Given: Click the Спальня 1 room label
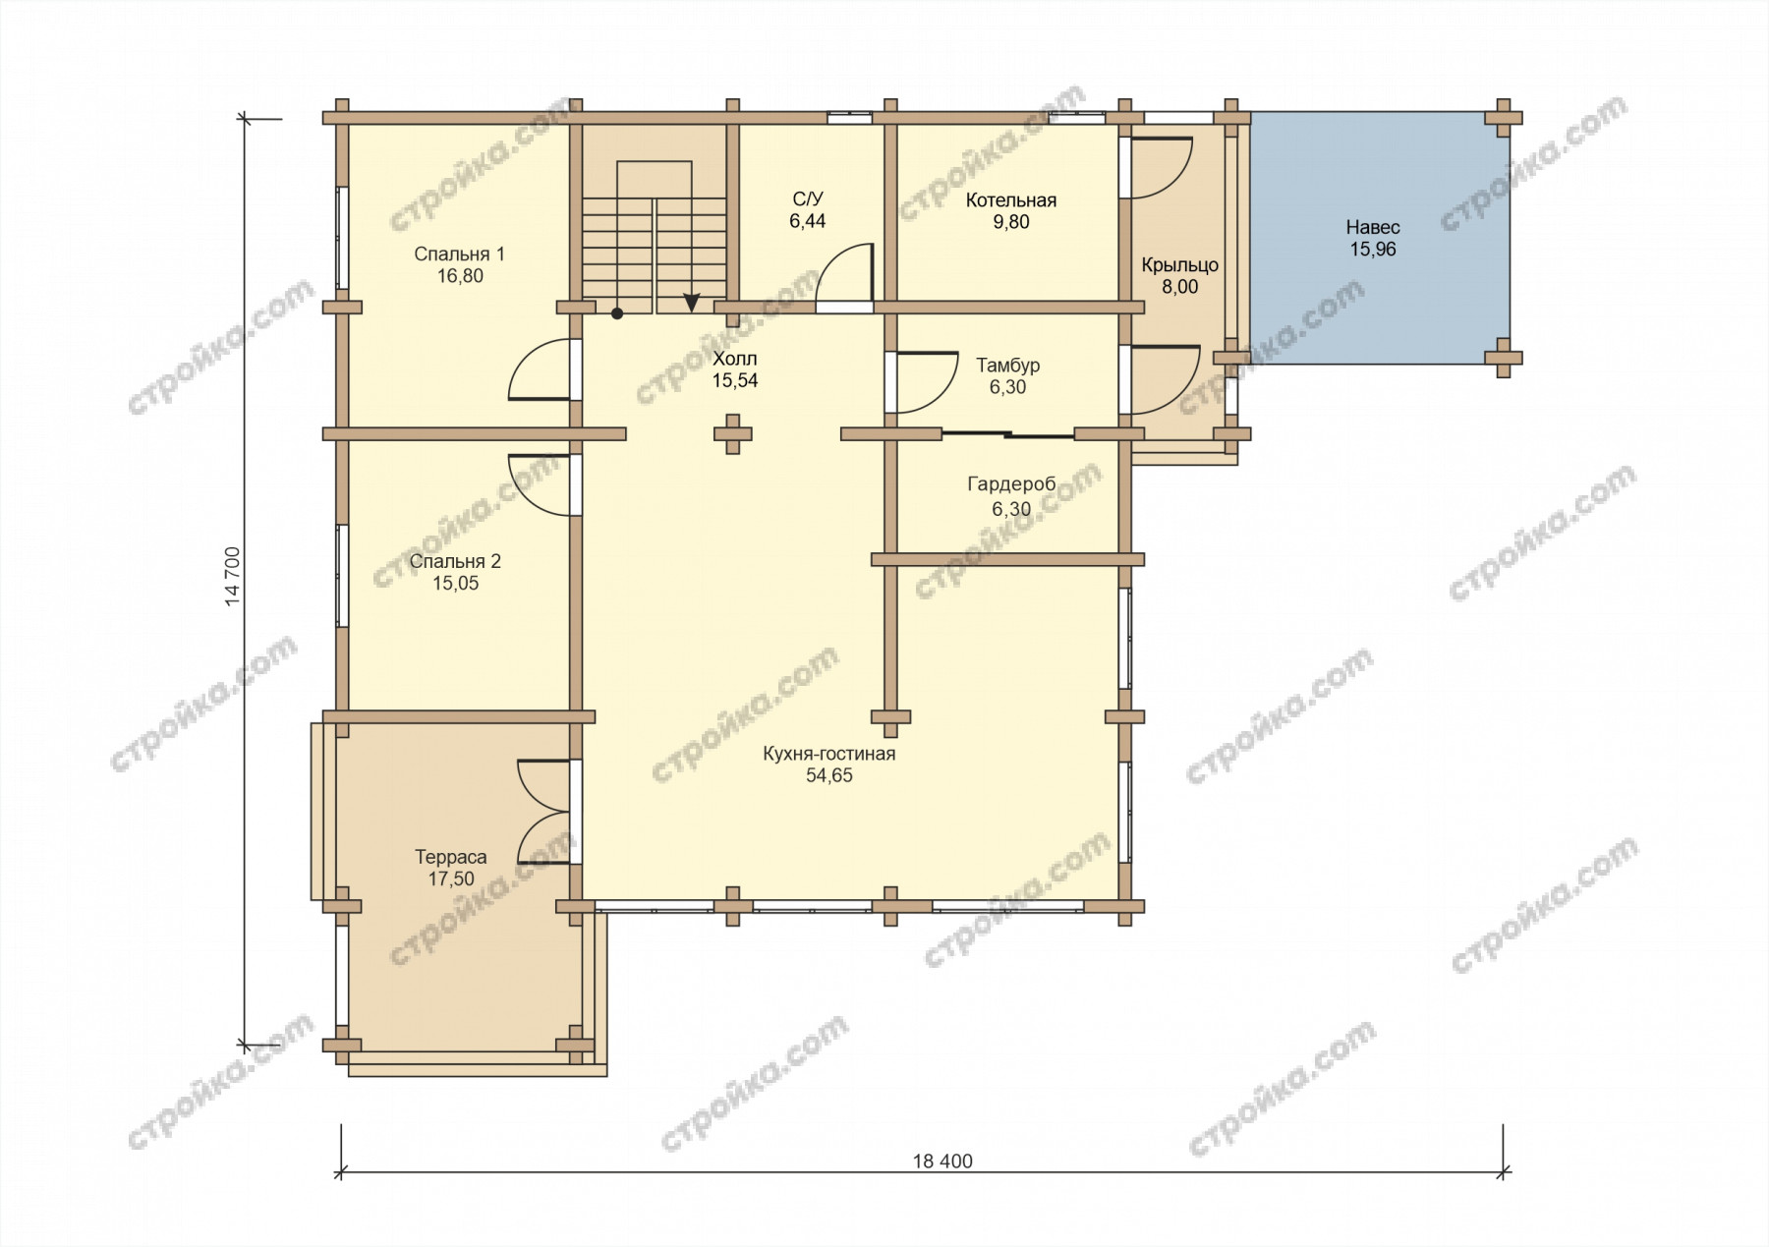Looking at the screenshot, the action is pyautogui.click(x=459, y=255).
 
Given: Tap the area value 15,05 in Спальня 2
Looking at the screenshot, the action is pyautogui.click(x=455, y=584).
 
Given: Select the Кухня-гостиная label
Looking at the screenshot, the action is pyautogui.click(x=829, y=754).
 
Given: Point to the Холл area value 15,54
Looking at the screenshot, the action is pyautogui.click(x=735, y=381).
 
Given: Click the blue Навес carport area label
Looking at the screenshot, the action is pyautogui.click(x=1373, y=228).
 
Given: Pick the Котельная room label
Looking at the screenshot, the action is pyautogui.click(x=1011, y=200).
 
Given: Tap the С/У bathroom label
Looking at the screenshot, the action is pyautogui.click(x=808, y=199).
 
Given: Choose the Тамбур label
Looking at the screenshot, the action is pyautogui.click(x=1008, y=366).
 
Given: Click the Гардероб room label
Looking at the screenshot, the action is pyautogui.click(x=1011, y=484).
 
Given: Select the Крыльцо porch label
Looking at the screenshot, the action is pyautogui.click(x=1180, y=265).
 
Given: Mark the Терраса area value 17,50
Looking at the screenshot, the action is pyautogui.click(x=451, y=879).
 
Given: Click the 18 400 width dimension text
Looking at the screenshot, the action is pyautogui.click(x=942, y=1162).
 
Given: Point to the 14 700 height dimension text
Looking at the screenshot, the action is pyautogui.click(x=233, y=577).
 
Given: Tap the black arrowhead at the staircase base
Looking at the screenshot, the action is pyautogui.click(x=692, y=304).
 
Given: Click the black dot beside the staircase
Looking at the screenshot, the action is pyautogui.click(x=617, y=314).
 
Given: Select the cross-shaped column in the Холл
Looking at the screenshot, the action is pyautogui.click(x=732, y=434).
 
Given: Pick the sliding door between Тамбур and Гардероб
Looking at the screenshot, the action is pyautogui.click(x=1008, y=434).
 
